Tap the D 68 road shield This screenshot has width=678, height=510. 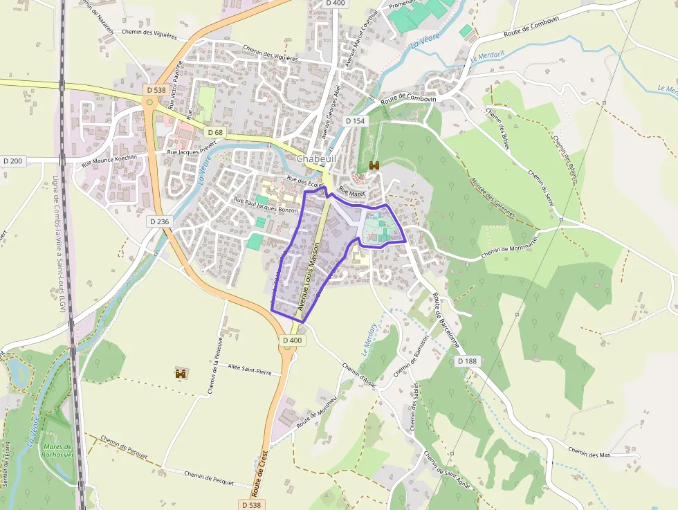(x=214, y=131)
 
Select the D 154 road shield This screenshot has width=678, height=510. (x=355, y=121)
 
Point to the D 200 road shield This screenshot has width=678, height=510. (x=12, y=161)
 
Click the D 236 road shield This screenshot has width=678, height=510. (x=159, y=221)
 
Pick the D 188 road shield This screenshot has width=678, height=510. (x=468, y=361)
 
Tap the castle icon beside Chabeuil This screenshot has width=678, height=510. (x=375, y=165)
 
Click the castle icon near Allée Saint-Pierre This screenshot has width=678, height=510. (x=181, y=374)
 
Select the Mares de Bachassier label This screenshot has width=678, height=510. (x=57, y=450)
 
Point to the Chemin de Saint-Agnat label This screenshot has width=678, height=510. (x=447, y=471)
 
